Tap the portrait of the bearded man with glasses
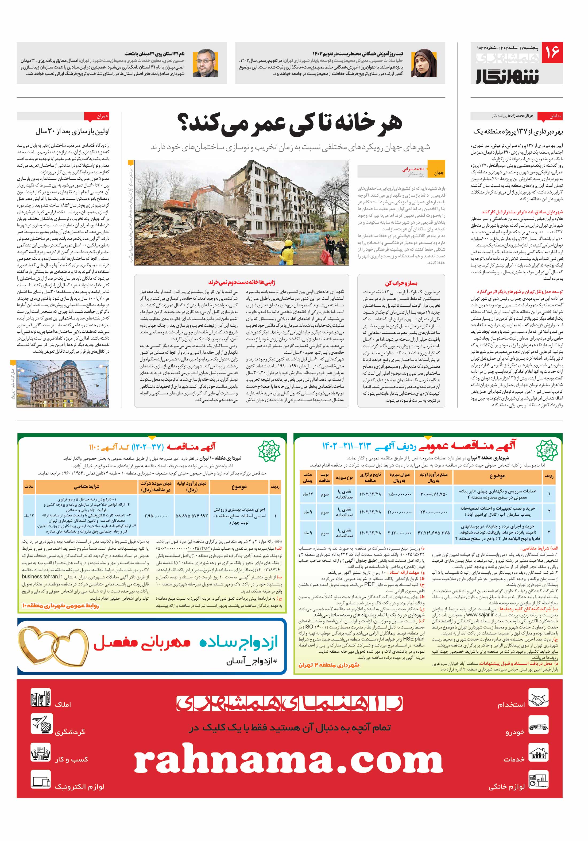(205, 63)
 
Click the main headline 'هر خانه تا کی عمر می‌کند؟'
(290, 123)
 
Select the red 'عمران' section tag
(96, 116)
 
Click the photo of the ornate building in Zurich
(63, 383)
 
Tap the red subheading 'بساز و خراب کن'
(401, 283)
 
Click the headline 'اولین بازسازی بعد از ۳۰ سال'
(72, 131)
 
